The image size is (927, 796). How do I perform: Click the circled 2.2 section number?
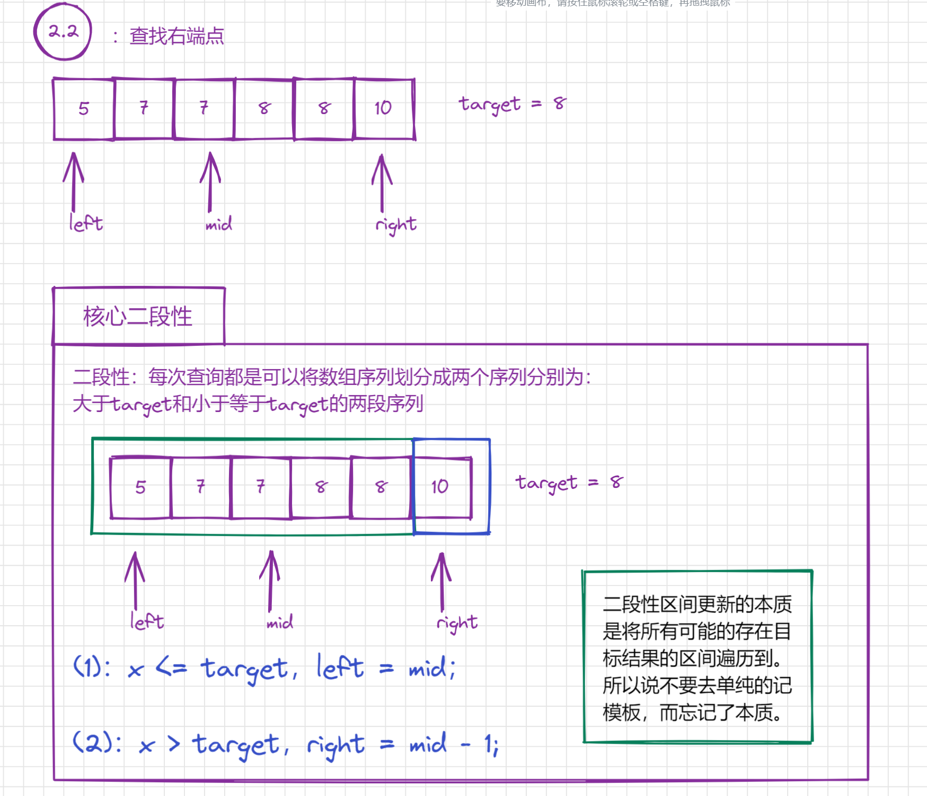pos(63,32)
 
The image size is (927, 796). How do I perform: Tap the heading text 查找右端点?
pos(176,37)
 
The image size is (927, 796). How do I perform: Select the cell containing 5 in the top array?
pos(84,109)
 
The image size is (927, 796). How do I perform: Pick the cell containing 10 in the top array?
pos(383,109)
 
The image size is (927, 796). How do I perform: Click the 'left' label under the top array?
pos(86,223)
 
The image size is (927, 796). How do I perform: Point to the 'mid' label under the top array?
pos(218,224)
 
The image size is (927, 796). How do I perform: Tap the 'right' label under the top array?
pos(396,225)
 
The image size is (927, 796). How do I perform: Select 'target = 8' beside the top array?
pos(512,104)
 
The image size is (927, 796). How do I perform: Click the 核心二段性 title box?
pos(138,317)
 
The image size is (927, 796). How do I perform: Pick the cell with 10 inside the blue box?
pos(440,487)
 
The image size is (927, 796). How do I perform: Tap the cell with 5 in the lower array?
pos(140,487)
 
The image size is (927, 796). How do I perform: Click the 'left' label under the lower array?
pos(147,621)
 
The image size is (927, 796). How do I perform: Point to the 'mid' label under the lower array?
pos(280,622)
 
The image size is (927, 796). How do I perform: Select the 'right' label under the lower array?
pos(457,623)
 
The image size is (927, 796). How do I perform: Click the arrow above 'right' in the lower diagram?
pos(442,581)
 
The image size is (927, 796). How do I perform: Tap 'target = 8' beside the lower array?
pos(569,483)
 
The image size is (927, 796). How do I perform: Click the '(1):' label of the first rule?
pos(92,667)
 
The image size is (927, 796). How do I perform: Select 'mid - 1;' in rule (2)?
pos(454,744)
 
